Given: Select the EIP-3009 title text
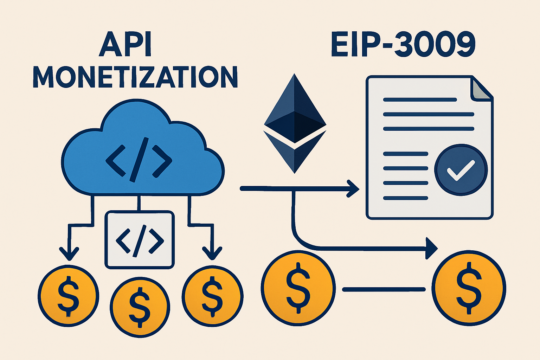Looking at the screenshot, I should pos(403,45).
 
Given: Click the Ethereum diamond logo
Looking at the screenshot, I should pos(295,123).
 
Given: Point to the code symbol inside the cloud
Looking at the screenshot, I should pos(139,160).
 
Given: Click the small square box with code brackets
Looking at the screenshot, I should pos(140,239).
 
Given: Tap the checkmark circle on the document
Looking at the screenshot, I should pos(461,170).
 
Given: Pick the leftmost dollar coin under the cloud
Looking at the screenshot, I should pos(68,295).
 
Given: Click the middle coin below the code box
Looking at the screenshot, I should pos(140,305).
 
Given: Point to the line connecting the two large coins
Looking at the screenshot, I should pos(384,290).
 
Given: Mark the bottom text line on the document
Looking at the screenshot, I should pos(405,198).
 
